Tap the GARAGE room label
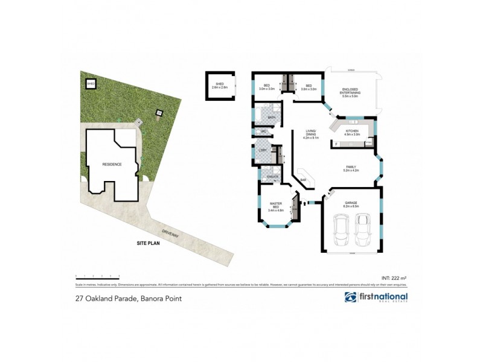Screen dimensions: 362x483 (x=351, y=204)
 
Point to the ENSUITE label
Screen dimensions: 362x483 (x=272, y=176)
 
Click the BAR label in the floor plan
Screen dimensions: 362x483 (x=303, y=180)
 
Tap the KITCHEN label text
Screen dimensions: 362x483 (x=352, y=132)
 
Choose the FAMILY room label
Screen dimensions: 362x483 (x=350, y=168)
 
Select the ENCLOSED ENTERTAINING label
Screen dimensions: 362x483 (x=350, y=91)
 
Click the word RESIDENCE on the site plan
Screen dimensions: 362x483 (x=112, y=164)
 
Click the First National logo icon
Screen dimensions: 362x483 (x=350, y=297)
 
